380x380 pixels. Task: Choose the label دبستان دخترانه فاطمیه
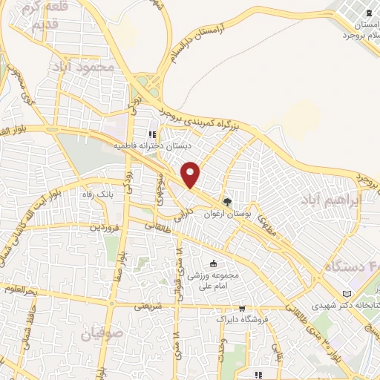coord(146,147)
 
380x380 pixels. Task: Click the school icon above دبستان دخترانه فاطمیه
coord(152,135)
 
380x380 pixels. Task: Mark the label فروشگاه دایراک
coord(239,319)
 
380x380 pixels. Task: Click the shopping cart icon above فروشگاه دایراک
coord(242,308)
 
